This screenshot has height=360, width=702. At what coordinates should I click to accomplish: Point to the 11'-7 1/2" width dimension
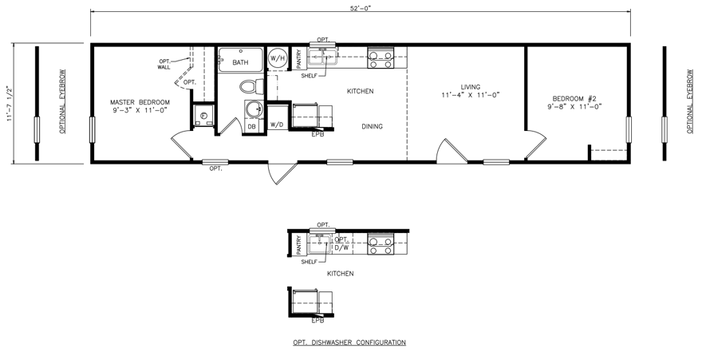(x=9, y=103)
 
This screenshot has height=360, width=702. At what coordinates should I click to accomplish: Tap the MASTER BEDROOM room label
(x=140, y=102)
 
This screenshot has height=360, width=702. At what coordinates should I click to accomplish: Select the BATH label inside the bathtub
(x=240, y=63)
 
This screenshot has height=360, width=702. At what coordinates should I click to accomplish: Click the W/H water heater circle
(x=277, y=58)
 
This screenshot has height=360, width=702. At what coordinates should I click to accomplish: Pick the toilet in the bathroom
(x=252, y=86)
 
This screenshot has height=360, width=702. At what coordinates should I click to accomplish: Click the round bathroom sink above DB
(x=254, y=109)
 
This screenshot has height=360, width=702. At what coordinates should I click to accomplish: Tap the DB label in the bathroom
(x=252, y=127)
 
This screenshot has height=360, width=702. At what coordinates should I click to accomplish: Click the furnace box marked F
(x=203, y=116)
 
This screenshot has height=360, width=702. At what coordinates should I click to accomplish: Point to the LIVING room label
(x=470, y=87)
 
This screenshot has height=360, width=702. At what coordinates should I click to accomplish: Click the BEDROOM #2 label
(x=574, y=99)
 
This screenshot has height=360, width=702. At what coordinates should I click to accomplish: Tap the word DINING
(x=372, y=127)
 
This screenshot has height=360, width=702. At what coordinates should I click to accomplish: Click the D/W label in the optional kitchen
(x=341, y=247)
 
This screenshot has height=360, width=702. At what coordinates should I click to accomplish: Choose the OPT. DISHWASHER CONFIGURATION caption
(x=349, y=342)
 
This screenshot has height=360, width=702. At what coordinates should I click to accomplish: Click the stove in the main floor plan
(x=381, y=58)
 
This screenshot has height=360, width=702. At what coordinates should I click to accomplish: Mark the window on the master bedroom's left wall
(x=93, y=130)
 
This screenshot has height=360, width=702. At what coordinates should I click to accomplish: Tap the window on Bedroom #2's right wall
(x=629, y=130)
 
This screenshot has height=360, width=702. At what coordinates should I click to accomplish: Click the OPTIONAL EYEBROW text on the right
(x=690, y=101)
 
